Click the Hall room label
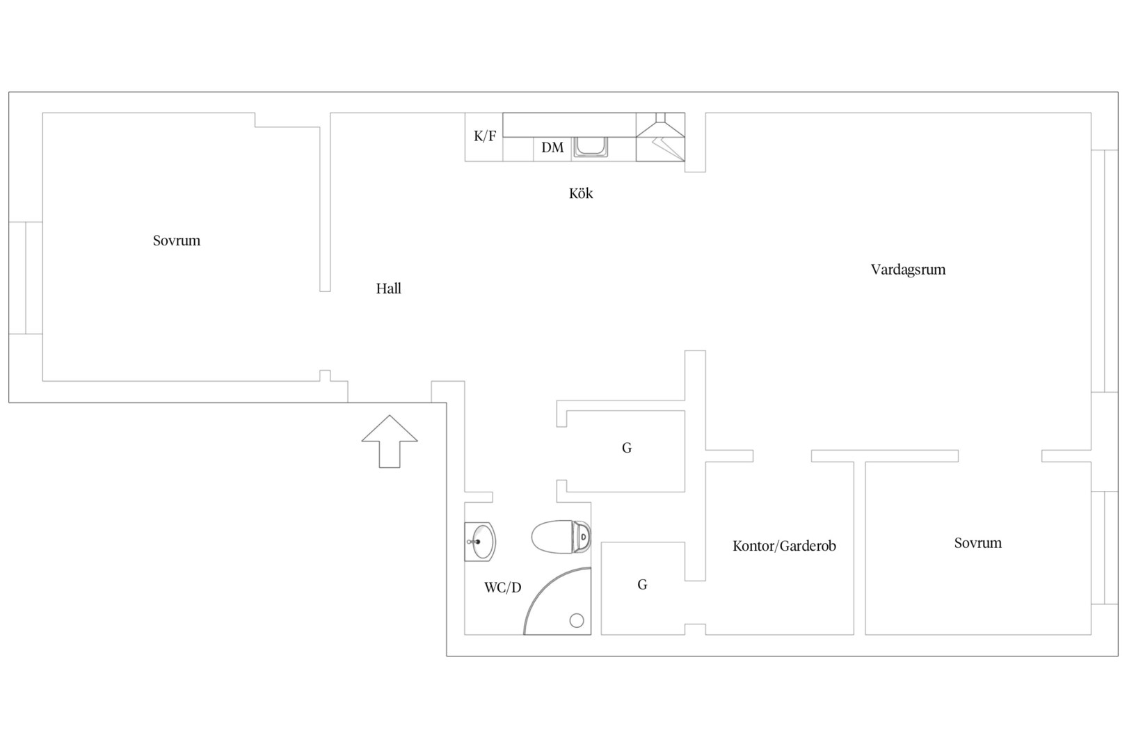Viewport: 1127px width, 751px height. [x=388, y=289]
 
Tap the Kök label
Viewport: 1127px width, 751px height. [x=581, y=193]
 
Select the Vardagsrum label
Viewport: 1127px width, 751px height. [x=908, y=270]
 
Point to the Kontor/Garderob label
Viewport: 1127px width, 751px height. [x=784, y=546]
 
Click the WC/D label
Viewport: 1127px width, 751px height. [x=502, y=587]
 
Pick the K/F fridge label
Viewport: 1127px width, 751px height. [x=484, y=136]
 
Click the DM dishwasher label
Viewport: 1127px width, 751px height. [x=552, y=147]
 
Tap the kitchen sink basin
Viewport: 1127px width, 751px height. [x=590, y=147]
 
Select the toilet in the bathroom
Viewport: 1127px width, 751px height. [x=561, y=537]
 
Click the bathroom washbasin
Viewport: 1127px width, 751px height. [x=480, y=542]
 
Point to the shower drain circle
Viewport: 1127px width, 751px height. [x=577, y=621]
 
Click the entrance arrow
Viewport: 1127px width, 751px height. [x=390, y=442]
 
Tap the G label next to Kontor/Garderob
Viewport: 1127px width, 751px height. [x=642, y=585]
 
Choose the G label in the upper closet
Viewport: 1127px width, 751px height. [x=626, y=448]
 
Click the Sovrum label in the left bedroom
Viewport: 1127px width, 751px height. [x=177, y=241]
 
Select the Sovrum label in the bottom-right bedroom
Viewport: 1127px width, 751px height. [x=977, y=543]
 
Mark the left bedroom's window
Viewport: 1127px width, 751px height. [x=26, y=277]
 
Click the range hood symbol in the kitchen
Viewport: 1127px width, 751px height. [x=660, y=137]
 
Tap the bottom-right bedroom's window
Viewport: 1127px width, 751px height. [x=1104, y=547]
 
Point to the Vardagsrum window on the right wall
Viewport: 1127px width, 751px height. [x=1104, y=271]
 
